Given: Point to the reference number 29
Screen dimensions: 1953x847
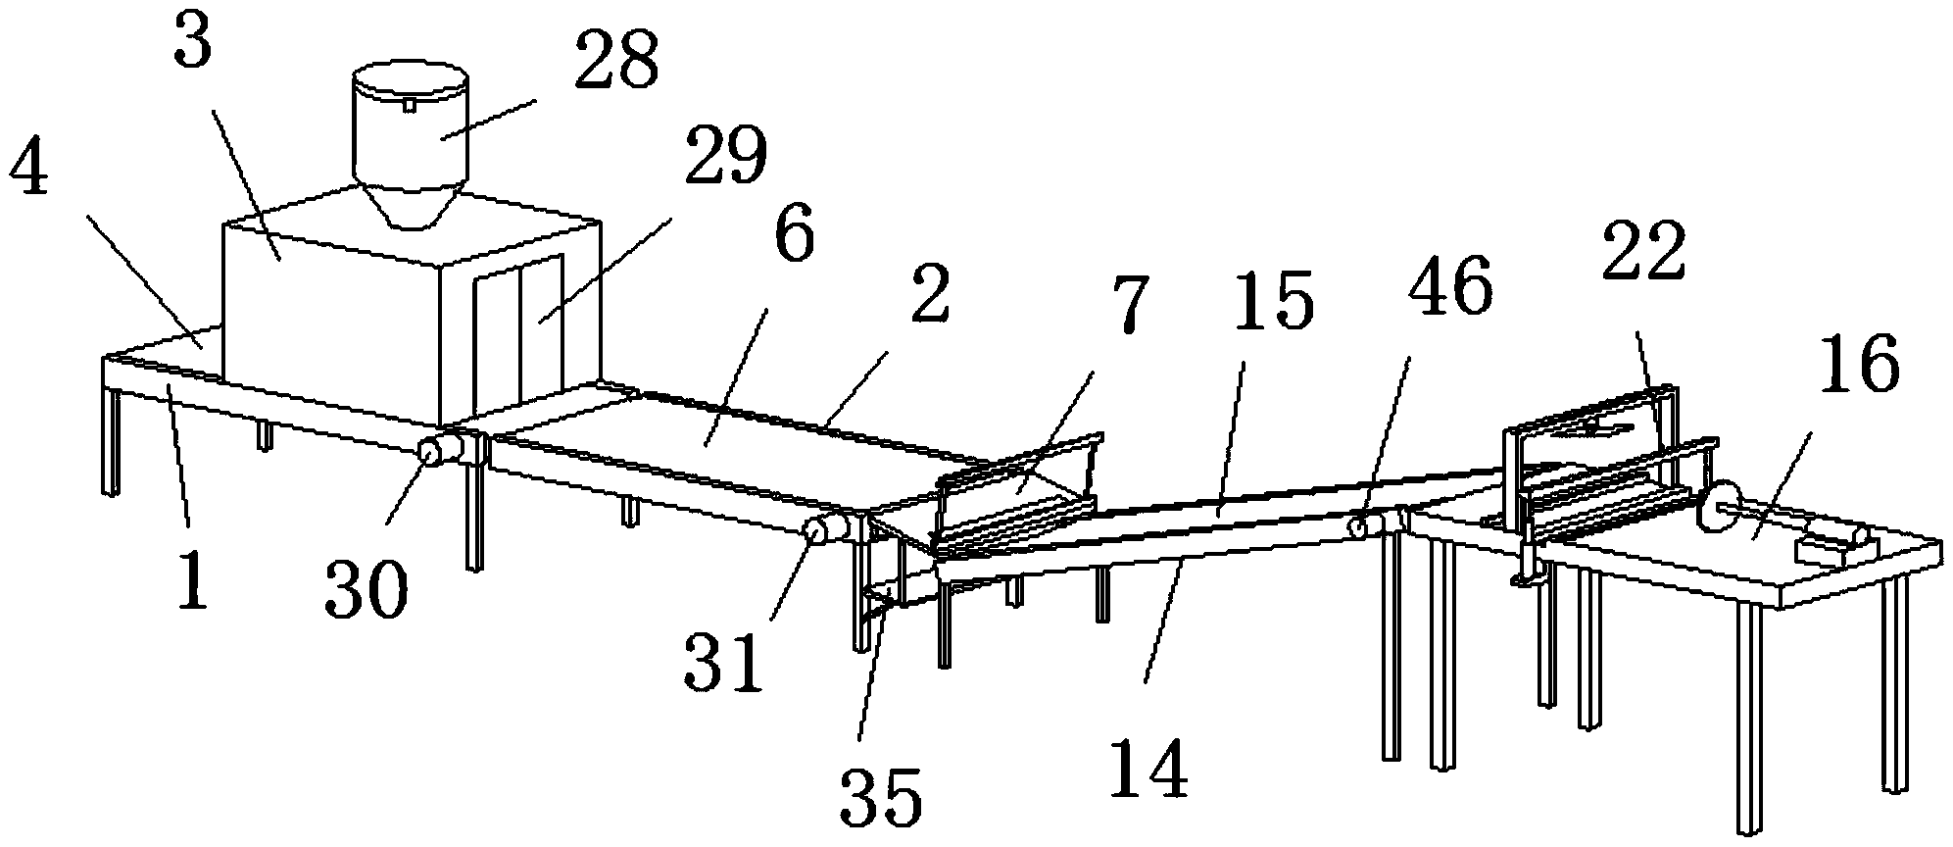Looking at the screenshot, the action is (x=725, y=154).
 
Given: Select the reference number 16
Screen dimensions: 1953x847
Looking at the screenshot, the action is (x=1860, y=363).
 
